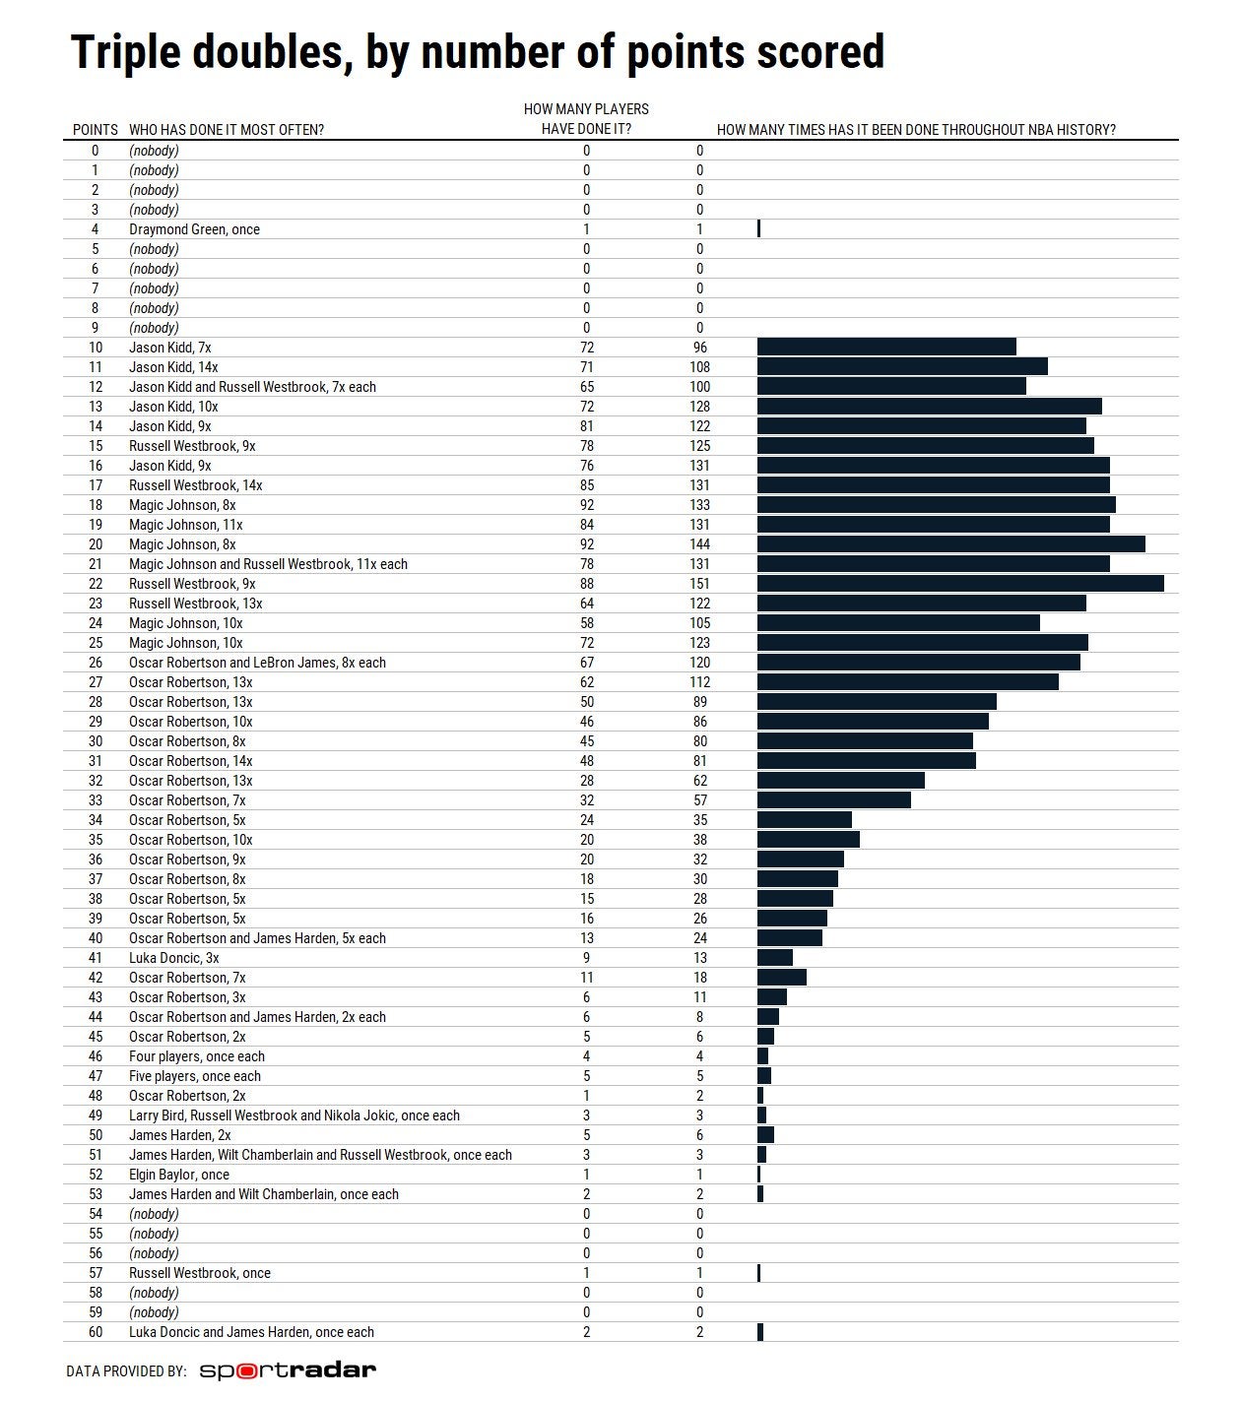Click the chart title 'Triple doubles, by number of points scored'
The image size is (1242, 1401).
(x=478, y=52)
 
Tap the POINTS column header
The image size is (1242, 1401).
(x=95, y=130)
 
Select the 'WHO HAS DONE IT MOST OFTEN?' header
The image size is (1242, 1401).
(x=227, y=130)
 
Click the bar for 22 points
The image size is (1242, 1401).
(x=960, y=584)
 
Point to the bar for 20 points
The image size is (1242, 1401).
(x=950, y=544)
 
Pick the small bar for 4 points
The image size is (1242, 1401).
(x=758, y=229)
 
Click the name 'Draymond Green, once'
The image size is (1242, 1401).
(x=194, y=229)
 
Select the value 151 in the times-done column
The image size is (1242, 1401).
(x=699, y=584)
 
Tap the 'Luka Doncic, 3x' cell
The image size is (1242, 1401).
(x=173, y=958)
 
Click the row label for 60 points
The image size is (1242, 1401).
(x=96, y=1332)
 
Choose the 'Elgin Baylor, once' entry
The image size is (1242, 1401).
(x=178, y=1175)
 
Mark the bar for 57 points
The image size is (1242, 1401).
(x=758, y=1273)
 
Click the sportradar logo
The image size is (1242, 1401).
(x=288, y=1370)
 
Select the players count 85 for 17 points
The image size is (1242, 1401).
(x=587, y=485)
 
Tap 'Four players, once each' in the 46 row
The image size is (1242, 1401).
(x=196, y=1056)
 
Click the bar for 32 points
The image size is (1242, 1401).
(x=840, y=781)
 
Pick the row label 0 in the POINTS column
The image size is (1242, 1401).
(x=96, y=151)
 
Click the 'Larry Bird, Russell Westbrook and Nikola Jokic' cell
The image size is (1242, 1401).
(x=294, y=1115)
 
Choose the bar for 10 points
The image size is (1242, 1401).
(x=886, y=348)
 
